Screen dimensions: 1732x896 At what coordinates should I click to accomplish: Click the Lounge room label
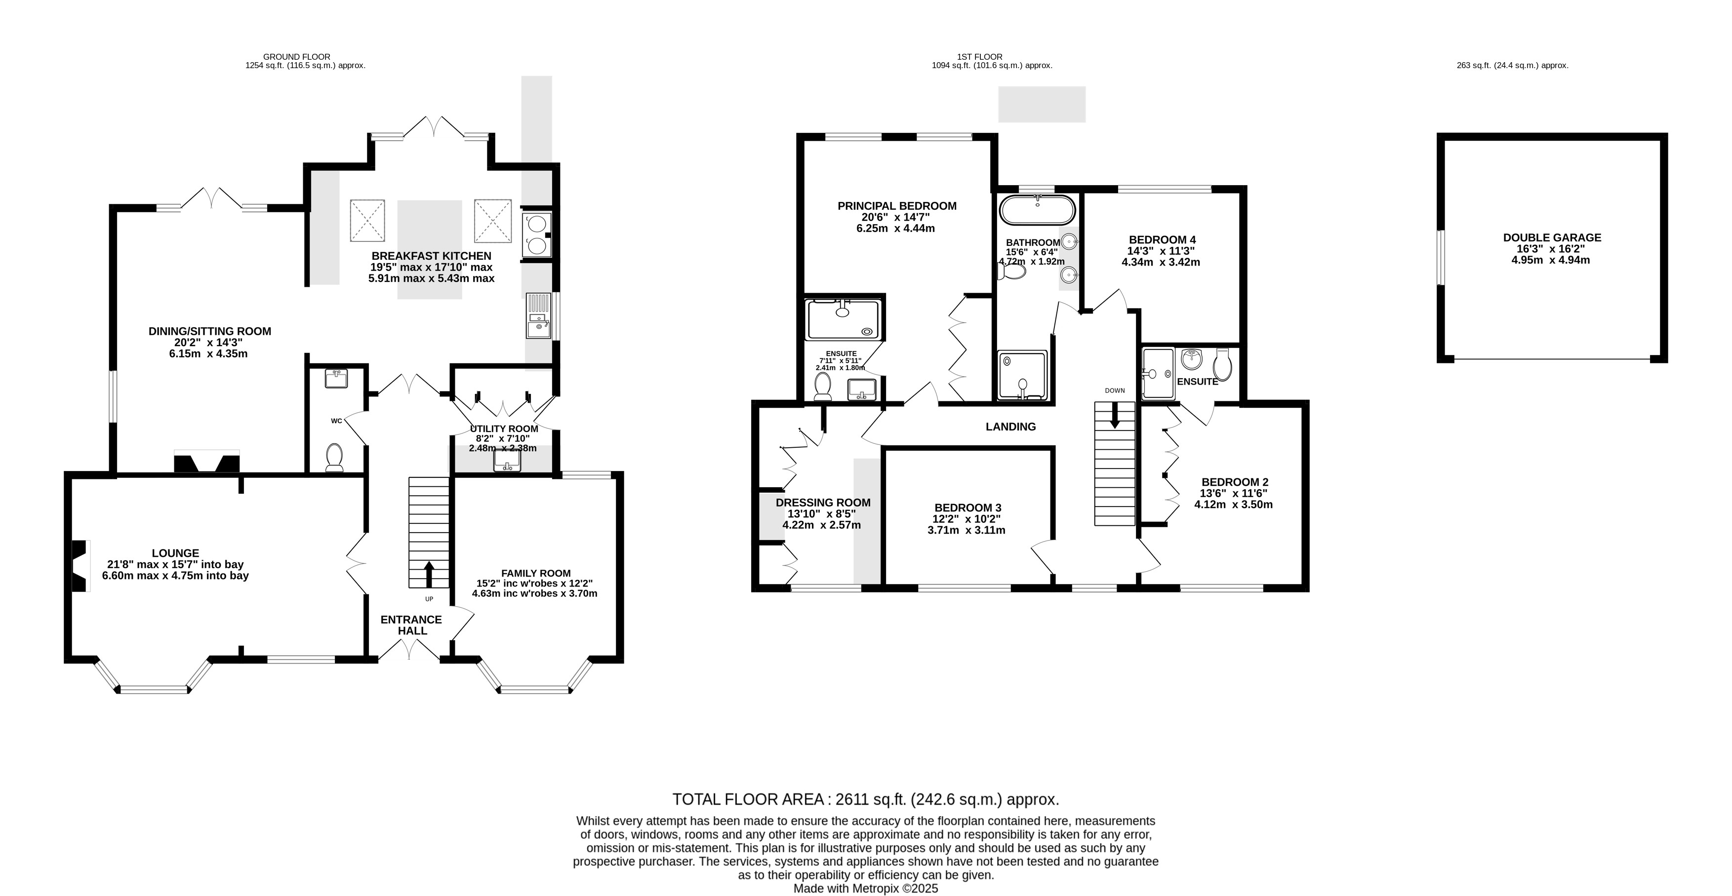(175, 553)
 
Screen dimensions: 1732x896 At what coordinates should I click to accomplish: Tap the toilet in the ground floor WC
(335, 457)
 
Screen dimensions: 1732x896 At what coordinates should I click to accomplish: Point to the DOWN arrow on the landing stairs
(1115, 415)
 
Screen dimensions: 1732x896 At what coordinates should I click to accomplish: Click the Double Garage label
(1552, 237)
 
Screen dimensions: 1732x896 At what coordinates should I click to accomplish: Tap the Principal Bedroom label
(897, 206)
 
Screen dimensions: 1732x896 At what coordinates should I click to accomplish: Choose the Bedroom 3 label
(967, 507)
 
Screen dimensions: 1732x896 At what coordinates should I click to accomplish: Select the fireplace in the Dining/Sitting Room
(207, 463)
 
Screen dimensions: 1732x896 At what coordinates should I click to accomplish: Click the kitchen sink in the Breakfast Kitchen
(538, 316)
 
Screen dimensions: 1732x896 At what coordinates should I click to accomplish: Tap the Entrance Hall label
(411, 625)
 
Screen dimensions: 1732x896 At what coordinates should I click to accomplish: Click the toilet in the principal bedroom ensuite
(822, 387)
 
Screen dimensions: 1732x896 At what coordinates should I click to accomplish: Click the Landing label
(1010, 426)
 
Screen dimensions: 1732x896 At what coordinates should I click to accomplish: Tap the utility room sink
(507, 461)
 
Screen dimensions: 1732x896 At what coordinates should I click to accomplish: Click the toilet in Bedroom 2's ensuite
(1222, 364)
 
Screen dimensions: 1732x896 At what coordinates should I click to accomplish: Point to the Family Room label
(535, 573)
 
